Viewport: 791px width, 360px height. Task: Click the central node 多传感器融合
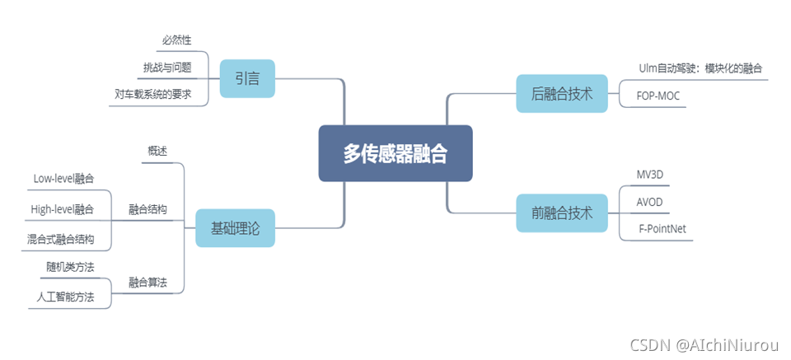(x=395, y=153)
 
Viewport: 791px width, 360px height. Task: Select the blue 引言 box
(x=247, y=79)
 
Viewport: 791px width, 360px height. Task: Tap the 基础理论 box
(x=236, y=228)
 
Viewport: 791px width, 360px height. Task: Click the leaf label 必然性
(x=178, y=40)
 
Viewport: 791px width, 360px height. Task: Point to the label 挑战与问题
(x=167, y=67)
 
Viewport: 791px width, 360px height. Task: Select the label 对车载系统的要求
(x=153, y=94)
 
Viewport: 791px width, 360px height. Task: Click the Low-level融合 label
(x=63, y=178)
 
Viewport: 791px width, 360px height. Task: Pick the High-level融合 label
(x=62, y=209)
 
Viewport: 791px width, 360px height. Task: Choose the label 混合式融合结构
(x=60, y=240)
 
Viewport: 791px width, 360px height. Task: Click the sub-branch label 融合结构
(x=147, y=209)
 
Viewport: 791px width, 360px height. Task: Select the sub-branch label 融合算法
(x=147, y=282)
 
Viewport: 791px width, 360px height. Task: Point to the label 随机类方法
(x=70, y=266)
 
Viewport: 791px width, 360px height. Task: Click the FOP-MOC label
(x=658, y=96)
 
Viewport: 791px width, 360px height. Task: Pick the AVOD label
(x=649, y=203)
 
